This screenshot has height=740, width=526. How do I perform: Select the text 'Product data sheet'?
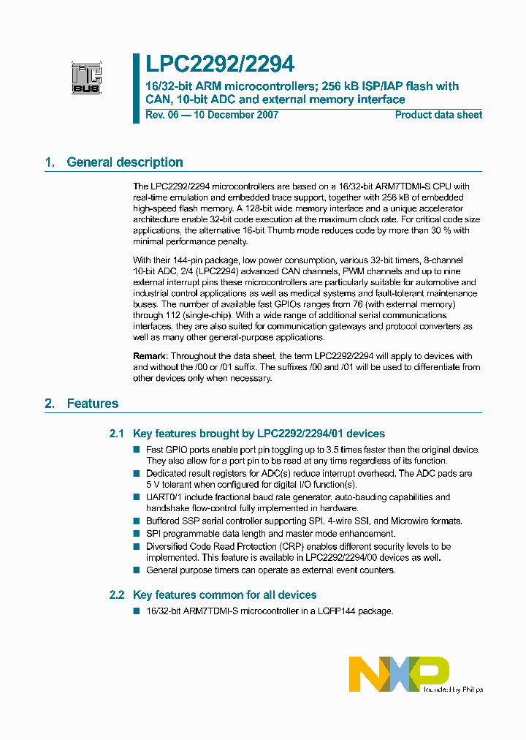(x=438, y=115)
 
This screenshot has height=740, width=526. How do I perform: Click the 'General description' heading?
(x=125, y=162)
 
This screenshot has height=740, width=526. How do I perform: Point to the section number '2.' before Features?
(x=50, y=403)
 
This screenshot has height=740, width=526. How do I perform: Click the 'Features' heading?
(x=93, y=403)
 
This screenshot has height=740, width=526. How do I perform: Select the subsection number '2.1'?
(x=117, y=434)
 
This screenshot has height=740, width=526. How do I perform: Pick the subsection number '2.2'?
(x=117, y=595)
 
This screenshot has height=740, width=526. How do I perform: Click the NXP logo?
(x=398, y=674)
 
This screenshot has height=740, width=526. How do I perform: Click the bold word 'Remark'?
(x=150, y=357)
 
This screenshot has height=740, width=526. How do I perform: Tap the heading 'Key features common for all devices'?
(x=225, y=595)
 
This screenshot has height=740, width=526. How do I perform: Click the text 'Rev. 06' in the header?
(x=161, y=115)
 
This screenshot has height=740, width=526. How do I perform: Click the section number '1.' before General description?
(x=50, y=162)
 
